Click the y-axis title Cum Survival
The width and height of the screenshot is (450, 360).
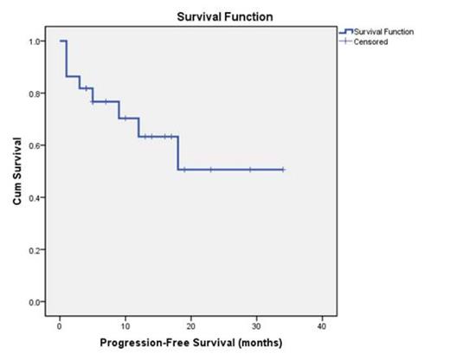tap(16, 171)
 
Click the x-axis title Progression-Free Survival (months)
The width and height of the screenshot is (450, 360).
tap(190, 342)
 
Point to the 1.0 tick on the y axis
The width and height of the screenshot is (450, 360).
tap(33, 42)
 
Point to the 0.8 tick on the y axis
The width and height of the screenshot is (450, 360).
tap(33, 93)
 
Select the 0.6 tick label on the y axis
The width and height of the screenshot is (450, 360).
tap(33, 145)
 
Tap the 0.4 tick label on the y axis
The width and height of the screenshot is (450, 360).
tap(33, 197)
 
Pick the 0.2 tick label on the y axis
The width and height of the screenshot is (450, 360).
tap(33, 249)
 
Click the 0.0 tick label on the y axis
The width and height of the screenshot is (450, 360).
tap(33, 302)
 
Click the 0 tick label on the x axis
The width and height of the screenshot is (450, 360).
tap(59, 325)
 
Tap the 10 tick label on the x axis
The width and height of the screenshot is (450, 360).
tap(125, 325)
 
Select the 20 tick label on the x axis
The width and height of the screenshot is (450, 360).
tap(190, 325)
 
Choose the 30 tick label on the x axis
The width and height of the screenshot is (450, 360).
tap(256, 325)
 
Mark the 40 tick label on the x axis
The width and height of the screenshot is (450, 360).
tap(322, 325)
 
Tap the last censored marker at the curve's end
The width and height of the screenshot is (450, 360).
tap(283, 170)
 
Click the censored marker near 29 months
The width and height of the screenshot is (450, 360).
tap(250, 170)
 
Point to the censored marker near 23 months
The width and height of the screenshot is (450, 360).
tap(210, 170)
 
